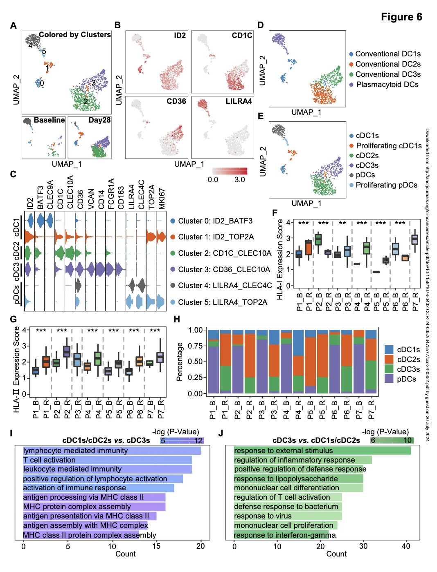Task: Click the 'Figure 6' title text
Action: click(x=401, y=17)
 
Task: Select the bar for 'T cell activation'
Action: click(x=108, y=460)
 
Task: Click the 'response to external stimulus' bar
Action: click(x=322, y=451)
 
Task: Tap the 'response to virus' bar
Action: click(x=288, y=516)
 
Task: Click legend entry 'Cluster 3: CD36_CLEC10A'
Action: click(x=220, y=269)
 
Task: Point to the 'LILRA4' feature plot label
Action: click(x=239, y=101)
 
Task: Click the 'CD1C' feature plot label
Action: click(x=242, y=36)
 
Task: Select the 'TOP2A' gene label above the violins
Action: click(x=151, y=197)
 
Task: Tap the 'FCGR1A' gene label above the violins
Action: click(x=111, y=194)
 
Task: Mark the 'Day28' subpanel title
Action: click(x=99, y=120)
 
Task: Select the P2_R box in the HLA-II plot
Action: click(x=67, y=351)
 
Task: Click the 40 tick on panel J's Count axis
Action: click(x=406, y=546)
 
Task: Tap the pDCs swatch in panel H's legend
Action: click(x=389, y=379)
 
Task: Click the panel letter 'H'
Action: click(x=177, y=319)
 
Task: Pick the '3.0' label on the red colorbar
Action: click(x=239, y=180)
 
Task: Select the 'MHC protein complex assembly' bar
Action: click(x=94, y=507)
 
